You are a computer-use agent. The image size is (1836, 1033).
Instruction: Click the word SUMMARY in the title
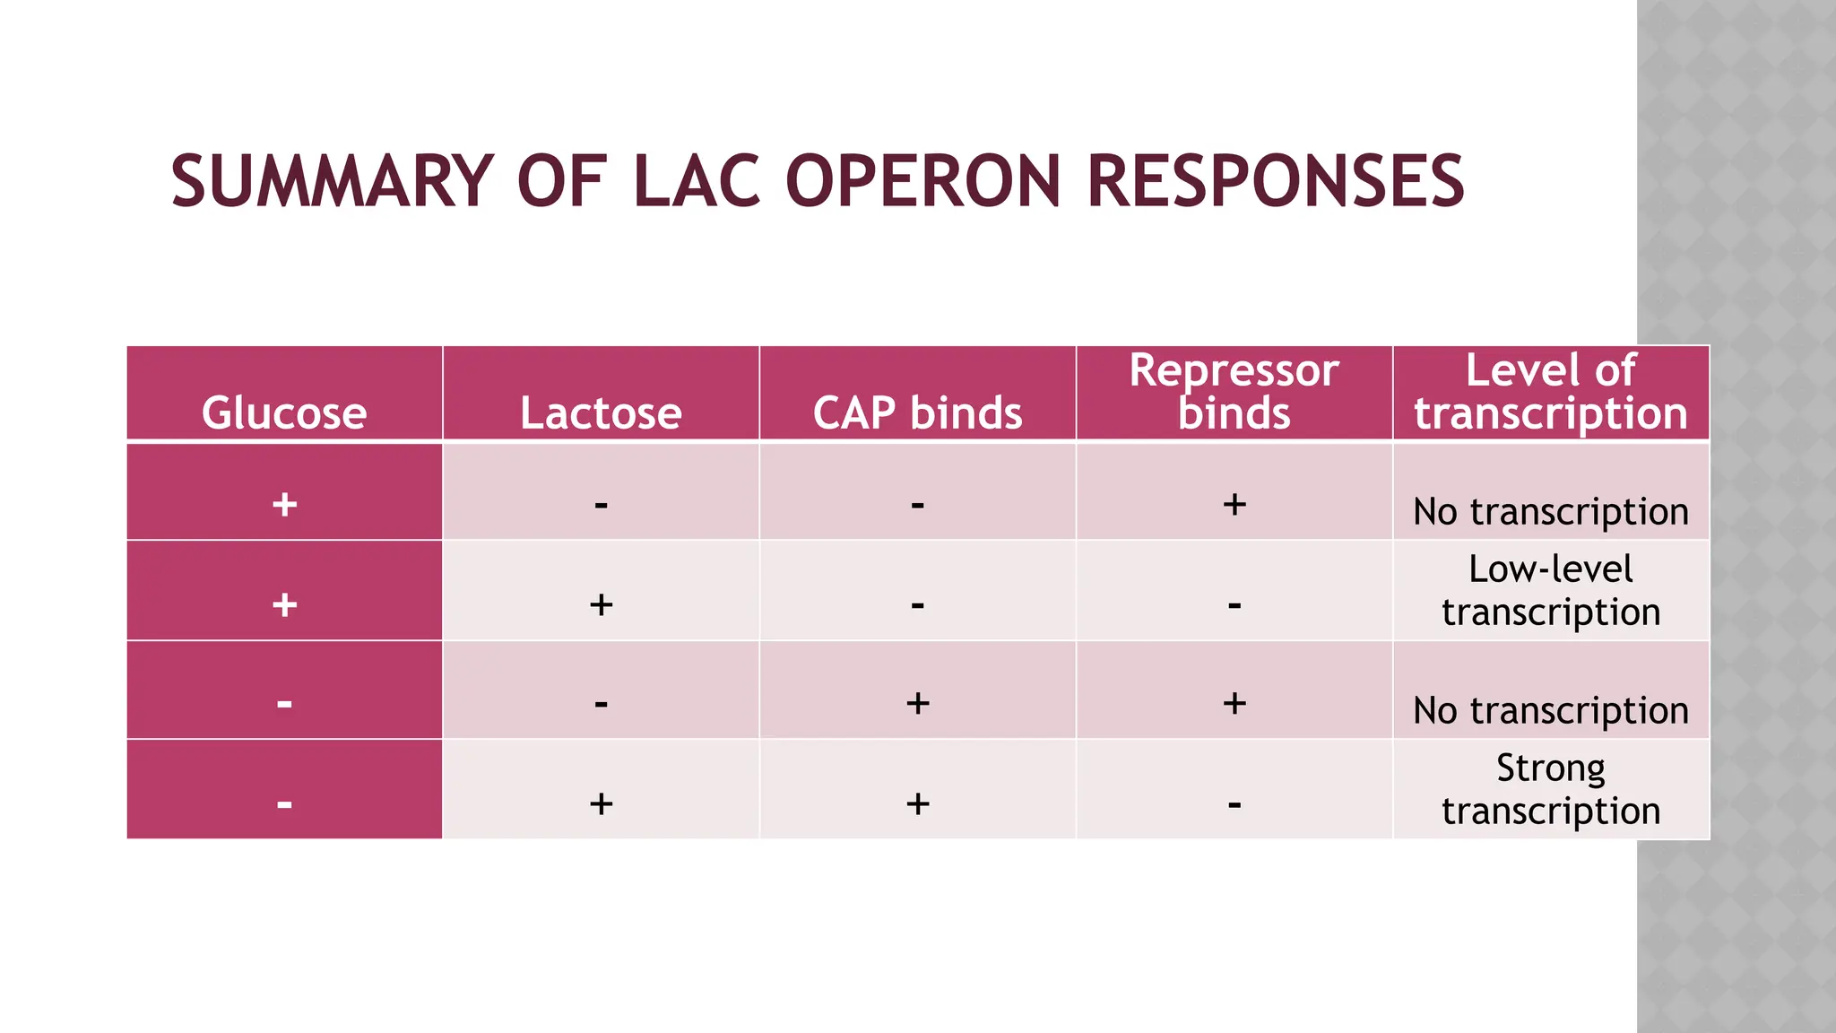pyautogui.click(x=332, y=181)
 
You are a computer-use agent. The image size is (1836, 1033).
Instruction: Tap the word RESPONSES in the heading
pyautogui.click(x=1275, y=181)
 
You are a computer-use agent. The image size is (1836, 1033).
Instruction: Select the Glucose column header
pyautogui.click(x=284, y=412)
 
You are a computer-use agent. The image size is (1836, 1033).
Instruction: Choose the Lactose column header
pyautogui.click(x=601, y=412)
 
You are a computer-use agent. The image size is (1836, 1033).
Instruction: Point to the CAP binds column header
pyautogui.click(x=917, y=412)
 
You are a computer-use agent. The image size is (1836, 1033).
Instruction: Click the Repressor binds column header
pyautogui.click(x=1234, y=392)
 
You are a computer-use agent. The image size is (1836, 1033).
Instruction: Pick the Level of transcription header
pyautogui.click(x=1550, y=392)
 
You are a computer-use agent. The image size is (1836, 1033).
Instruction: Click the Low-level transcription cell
pyautogui.click(x=1550, y=590)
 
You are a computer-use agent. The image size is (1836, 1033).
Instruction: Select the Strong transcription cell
pyautogui.click(x=1550, y=789)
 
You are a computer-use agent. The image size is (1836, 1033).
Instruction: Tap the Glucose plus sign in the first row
pyautogui.click(x=284, y=504)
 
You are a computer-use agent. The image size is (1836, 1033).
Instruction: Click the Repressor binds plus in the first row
pyautogui.click(x=1234, y=504)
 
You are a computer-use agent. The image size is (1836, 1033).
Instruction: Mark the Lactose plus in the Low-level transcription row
pyautogui.click(x=601, y=604)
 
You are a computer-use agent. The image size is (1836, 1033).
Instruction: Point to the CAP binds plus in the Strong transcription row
pyautogui.click(x=917, y=803)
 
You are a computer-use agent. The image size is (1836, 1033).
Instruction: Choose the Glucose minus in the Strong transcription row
pyautogui.click(x=284, y=803)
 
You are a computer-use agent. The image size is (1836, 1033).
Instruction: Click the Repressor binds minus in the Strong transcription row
pyautogui.click(x=1234, y=803)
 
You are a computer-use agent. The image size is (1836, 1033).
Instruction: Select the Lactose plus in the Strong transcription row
pyautogui.click(x=601, y=803)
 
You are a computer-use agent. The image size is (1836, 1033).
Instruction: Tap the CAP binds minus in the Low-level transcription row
pyautogui.click(x=917, y=605)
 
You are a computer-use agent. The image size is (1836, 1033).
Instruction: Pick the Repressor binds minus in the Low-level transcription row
pyautogui.click(x=1234, y=605)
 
